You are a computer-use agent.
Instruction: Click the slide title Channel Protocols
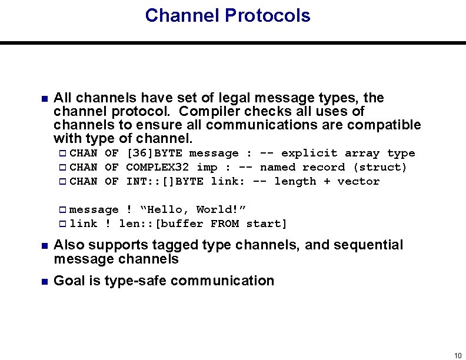tap(227, 16)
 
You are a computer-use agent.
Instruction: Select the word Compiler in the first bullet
tap(207, 111)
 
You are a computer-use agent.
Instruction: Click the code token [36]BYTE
tap(154, 154)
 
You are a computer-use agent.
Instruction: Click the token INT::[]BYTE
tap(165, 182)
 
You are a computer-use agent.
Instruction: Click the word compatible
tap(384, 125)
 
